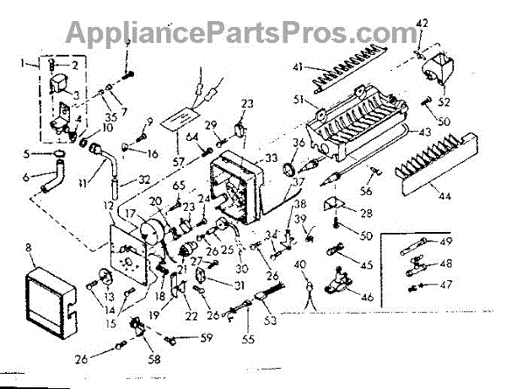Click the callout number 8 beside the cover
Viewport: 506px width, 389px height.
(30, 248)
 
